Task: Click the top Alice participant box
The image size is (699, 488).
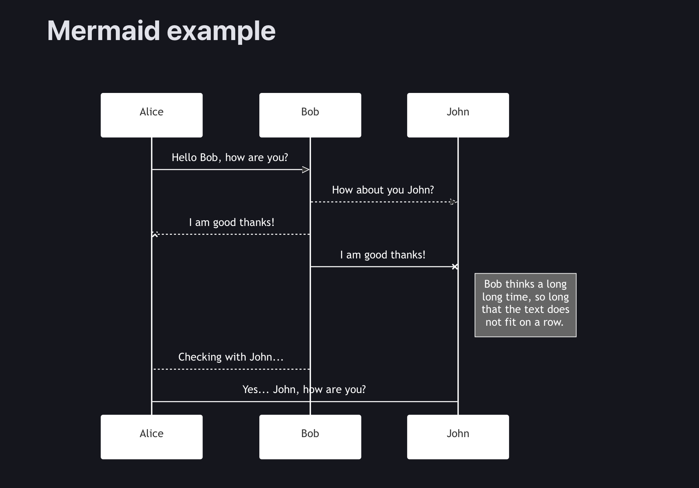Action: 152,115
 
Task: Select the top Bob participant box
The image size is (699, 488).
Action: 310,115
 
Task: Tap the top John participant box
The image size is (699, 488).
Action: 458,115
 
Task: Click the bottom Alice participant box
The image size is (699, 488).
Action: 152,437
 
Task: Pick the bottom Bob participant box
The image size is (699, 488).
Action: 310,437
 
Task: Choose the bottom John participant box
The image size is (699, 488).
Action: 458,437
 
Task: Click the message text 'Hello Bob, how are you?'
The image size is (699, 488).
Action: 230,157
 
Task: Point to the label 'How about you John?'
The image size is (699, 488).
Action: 383,190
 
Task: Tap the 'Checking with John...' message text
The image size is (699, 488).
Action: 230,357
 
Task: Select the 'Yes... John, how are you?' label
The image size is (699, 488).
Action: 304,389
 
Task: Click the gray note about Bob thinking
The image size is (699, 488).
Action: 525,305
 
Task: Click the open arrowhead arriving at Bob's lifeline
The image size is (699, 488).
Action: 306,169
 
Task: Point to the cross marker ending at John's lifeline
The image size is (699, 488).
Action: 455,266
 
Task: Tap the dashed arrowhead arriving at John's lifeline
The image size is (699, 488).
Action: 453,202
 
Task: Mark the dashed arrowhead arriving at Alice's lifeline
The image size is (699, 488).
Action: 155,234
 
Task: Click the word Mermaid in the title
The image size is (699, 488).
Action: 103,31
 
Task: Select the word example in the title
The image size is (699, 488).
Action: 221,31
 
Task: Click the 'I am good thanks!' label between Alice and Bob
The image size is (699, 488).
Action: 232,222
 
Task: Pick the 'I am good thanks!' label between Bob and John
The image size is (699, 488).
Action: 382,255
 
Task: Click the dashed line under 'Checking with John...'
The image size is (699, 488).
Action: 231,369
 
